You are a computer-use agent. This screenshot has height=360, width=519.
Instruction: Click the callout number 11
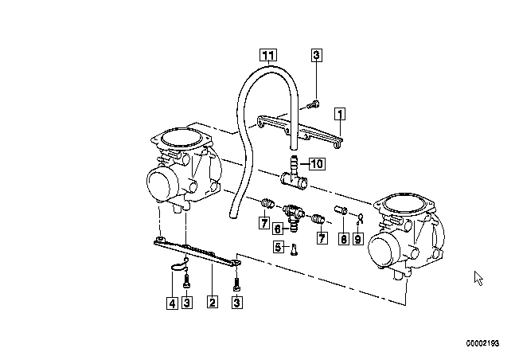click(x=268, y=55)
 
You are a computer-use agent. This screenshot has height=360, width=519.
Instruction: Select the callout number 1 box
click(x=340, y=114)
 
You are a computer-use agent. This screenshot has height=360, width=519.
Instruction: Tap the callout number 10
click(x=317, y=163)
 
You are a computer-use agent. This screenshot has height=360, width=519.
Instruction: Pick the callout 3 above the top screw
click(x=317, y=55)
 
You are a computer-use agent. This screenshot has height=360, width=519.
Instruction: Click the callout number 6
click(x=278, y=229)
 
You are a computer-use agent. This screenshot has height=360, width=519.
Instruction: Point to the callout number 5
click(x=279, y=246)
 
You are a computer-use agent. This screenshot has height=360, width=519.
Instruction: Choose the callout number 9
click(x=357, y=238)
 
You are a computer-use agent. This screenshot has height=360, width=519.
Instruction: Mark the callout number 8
click(x=344, y=238)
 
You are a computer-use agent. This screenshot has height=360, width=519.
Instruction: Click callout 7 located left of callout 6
click(x=263, y=222)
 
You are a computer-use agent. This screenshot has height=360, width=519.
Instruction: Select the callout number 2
click(x=213, y=301)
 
